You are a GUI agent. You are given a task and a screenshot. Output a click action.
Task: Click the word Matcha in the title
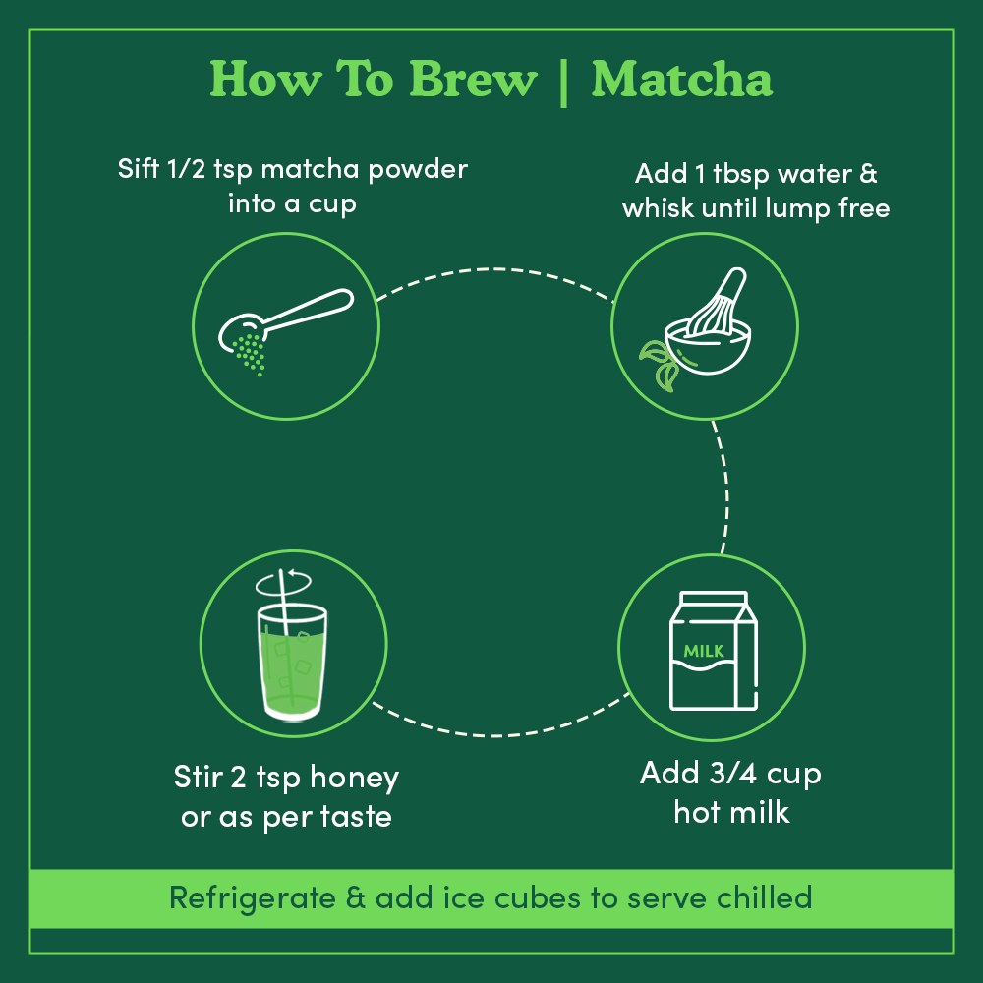tap(681, 80)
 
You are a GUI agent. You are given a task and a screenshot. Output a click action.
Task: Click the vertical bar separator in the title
tap(563, 81)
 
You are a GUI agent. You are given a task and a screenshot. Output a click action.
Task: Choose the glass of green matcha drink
tap(292, 658)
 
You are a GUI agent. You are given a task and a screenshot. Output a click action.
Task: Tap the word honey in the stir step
tap(354, 779)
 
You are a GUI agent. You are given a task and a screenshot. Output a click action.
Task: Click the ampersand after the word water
tap(869, 174)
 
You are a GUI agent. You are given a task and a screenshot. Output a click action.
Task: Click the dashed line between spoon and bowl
tap(491, 269)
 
